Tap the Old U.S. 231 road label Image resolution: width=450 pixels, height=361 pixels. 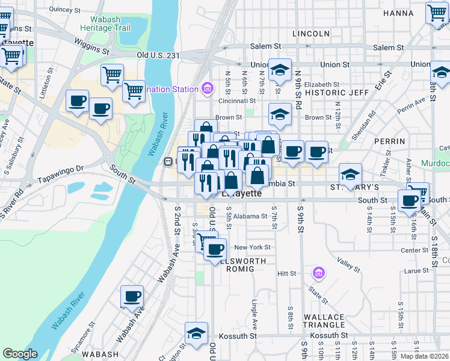point(158,55)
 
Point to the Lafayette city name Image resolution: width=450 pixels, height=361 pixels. point(242,194)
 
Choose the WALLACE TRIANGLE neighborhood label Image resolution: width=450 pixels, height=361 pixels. point(324,321)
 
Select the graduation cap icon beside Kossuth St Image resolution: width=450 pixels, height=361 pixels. point(196,333)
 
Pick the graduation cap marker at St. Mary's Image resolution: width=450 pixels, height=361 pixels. point(350,174)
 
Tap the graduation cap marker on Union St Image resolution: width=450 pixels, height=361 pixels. point(280,69)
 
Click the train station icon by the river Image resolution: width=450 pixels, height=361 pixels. point(169,161)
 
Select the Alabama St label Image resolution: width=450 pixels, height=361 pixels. point(251,216)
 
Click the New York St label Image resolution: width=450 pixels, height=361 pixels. point(252,247)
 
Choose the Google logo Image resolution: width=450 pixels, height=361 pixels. point(20,354)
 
